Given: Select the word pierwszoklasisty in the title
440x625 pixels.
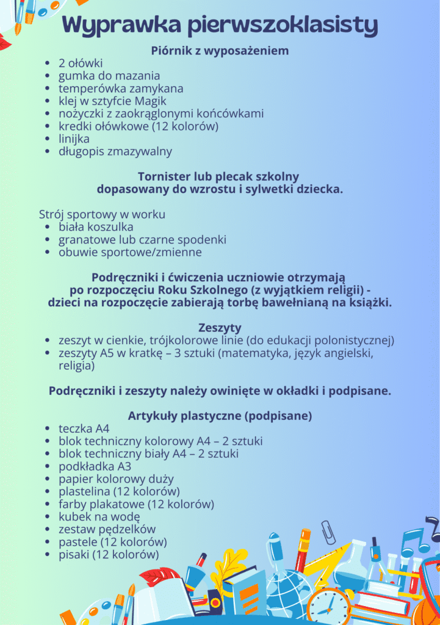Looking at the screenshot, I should (283, 26).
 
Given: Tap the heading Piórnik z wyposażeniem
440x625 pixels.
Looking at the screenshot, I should (220, 51).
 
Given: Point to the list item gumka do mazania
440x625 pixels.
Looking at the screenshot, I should (109, 76).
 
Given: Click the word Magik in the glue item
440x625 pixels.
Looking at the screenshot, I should (150, 101).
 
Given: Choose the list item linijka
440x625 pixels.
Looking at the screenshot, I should (74, 139).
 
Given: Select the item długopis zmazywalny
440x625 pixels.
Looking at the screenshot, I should (115, 151).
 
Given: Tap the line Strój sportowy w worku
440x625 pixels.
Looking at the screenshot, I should (102, 215).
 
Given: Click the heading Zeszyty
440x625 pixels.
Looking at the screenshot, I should (220, 328).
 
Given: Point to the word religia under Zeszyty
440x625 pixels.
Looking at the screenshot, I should (76, 366).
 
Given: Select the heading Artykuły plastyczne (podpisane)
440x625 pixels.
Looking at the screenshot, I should (220, 416).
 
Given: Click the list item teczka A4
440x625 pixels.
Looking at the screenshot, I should (84, 428).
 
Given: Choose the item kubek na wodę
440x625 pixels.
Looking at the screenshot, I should (99, 517).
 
